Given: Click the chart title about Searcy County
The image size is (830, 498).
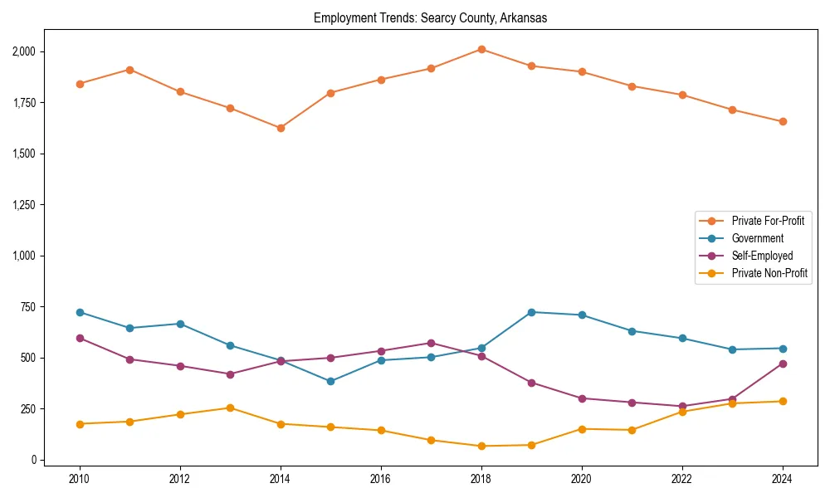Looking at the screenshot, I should (430, 17).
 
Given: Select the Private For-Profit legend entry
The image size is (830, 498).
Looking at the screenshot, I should (767, 221).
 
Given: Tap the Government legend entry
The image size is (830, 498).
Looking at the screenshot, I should (757, 238).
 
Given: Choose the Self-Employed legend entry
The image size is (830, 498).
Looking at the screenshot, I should (762, 256).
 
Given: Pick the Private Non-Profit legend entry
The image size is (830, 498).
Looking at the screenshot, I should (769, 273).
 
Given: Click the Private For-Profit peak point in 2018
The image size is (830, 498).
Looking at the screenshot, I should (481, 49).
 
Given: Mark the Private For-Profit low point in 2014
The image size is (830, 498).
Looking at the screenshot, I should (281, 128).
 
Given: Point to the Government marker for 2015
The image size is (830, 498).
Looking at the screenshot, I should (330, 381).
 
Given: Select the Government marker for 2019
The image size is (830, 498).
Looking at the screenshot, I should (531, 312).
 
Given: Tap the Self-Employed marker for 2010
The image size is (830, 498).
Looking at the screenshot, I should (80, 338).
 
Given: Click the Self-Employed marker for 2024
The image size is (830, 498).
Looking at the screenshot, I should (783, 364).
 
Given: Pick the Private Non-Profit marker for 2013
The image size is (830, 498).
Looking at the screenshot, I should (230, 408).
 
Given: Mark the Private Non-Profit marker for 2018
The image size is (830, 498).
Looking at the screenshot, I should (481, 446).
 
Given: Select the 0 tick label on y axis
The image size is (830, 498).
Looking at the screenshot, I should (34, 460).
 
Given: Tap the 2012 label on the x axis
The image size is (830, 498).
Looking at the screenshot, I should (180, 479).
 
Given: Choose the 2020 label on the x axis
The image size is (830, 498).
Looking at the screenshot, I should (582, 479).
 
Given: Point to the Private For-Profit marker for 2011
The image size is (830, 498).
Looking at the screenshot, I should (129, 70).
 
